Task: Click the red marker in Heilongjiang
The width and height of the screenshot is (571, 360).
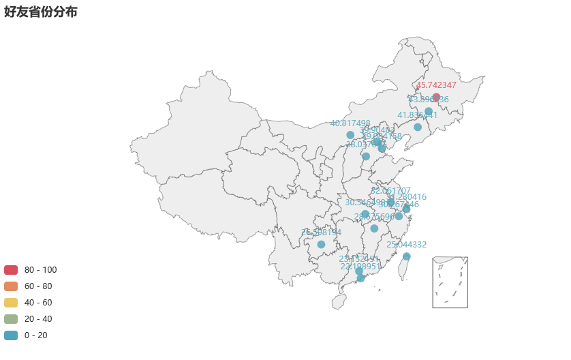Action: [436, 97]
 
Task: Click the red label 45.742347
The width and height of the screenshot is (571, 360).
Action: [436, 85]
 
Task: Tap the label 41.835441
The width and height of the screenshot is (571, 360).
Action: [418, 115]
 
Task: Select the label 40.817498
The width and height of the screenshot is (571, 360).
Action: [350, 123]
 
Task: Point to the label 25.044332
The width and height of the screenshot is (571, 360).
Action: [407, 245]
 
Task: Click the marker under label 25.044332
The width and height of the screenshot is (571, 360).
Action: [407, 256]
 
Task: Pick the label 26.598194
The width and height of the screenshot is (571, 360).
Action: [321, 232]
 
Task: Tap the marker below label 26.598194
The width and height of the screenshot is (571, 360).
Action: [321, 244]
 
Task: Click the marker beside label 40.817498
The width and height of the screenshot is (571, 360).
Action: [350, 135]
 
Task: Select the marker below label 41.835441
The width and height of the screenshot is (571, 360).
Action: [418, 127]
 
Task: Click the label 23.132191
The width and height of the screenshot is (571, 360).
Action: [359, 259]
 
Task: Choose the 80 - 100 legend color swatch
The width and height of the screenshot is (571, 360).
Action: [11, 270]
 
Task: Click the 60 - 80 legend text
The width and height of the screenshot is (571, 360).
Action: [38, 286]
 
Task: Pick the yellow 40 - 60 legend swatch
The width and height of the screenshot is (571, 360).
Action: [11, 303]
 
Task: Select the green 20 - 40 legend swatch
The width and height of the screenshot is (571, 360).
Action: [11, 319]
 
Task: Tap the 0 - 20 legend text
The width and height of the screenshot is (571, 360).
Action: [36, 335]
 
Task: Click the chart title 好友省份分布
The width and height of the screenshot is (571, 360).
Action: [40, 12]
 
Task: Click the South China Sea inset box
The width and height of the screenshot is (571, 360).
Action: [450, 282]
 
